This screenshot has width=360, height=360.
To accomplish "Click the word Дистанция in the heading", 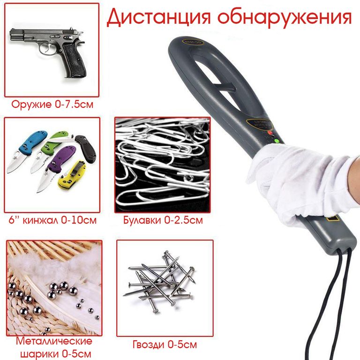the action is (158, 17).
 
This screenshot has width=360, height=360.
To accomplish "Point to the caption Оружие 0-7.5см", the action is (52, 105).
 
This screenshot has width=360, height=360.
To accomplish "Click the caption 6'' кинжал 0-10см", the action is (52, 220).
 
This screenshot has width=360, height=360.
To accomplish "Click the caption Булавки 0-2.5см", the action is (163, 220).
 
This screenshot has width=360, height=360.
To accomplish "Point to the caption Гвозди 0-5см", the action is (165, 345).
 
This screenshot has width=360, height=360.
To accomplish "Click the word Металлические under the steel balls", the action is (54, 341).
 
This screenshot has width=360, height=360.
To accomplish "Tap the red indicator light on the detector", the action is (270, 133).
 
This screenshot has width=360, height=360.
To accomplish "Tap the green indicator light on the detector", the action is (277, 141).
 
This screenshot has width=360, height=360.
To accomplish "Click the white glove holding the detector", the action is (299, 181).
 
